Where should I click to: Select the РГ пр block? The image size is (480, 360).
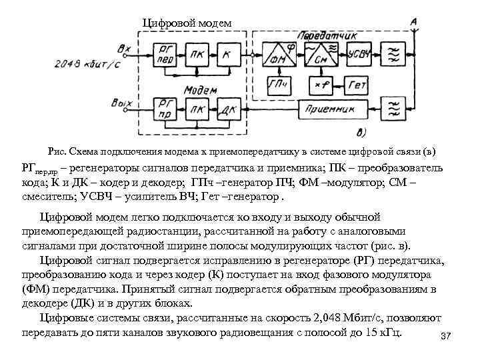coord(165,107)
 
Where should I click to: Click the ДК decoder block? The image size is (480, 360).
coord(228,107)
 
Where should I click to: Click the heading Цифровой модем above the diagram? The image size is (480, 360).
coord(187,23)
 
